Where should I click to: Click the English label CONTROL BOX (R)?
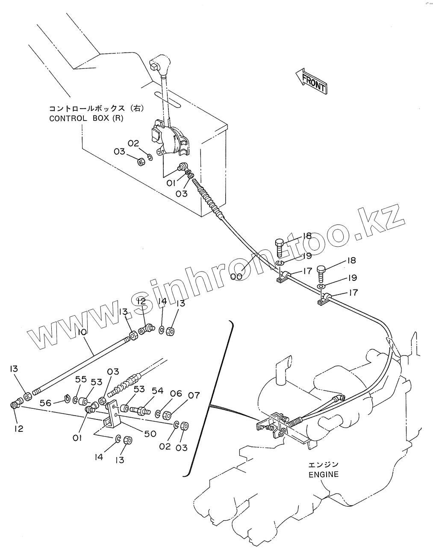86,118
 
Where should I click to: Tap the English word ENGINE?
324,474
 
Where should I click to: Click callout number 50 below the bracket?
150,433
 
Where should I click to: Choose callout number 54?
157,390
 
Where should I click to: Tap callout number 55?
81,379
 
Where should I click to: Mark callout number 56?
45,402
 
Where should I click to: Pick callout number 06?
176,393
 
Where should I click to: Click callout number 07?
194,395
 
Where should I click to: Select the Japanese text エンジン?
324,464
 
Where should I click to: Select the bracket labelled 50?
113,413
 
